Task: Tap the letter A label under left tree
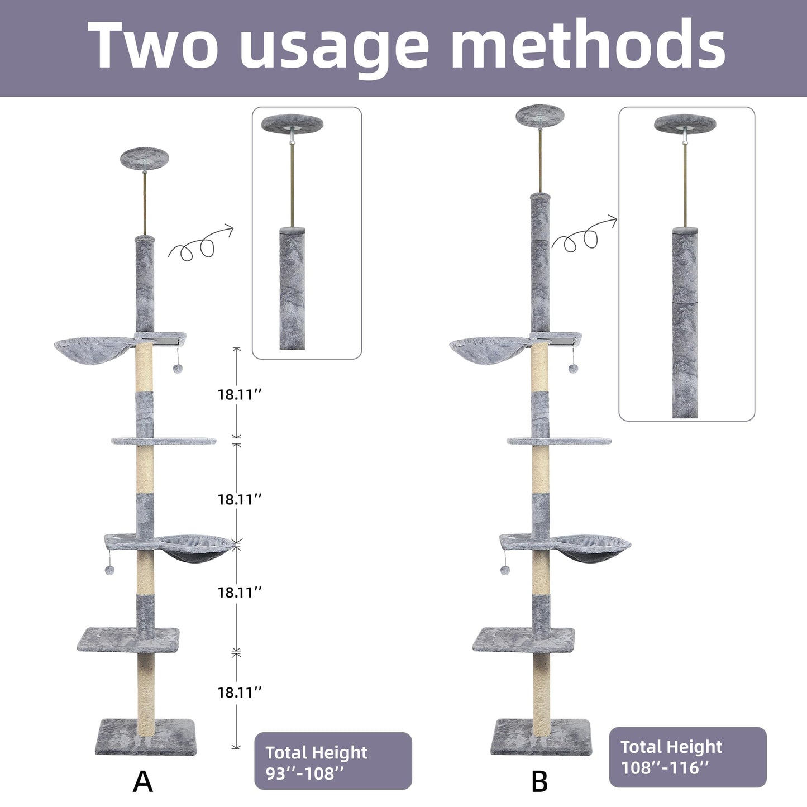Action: pyautogui.click(x=142, y=781)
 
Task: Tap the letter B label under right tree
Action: pyautogui.click(x=539, y=781)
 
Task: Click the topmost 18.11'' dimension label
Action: pyautogui.click(x=240, y=394)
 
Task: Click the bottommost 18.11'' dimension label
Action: pyautogui.click(x=240, y=692)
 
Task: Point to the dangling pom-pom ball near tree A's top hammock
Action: pyautogui.click(x=178, y=369)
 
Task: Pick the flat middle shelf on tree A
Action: pyautogui.click(x=164, y=441)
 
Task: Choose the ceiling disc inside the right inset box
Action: pyautogui.click(x=685, y=123)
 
